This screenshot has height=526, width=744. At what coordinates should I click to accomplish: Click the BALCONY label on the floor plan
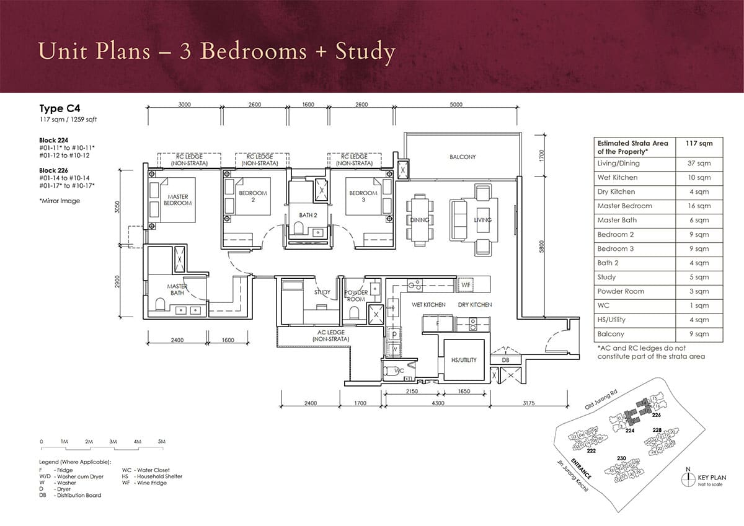pos(463,157)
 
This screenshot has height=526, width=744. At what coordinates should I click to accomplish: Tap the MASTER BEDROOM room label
pos(178,200)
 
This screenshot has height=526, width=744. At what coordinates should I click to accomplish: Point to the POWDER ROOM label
pos(356,296)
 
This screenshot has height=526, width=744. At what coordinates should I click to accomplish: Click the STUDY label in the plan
pos(322,292)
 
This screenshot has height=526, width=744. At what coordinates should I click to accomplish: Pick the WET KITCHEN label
pos(428,305)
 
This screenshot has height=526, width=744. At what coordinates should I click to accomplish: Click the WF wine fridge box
pos(466,284)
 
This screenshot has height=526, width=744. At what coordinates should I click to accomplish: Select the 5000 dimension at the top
pos(456,105)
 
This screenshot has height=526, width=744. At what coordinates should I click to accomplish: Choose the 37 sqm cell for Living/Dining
pos(697,164)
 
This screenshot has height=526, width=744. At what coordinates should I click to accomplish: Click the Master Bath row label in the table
pos(617,220)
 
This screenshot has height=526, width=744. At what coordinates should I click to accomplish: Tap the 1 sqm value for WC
pos(697,305)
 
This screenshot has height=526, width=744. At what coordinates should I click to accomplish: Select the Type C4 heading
pos(61,108)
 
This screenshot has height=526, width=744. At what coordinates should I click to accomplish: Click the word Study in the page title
pos(365,51)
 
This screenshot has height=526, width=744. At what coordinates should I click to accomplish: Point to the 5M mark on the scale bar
pos(162,441)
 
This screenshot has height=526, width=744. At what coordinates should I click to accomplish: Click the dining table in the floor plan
pos(420,217)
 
